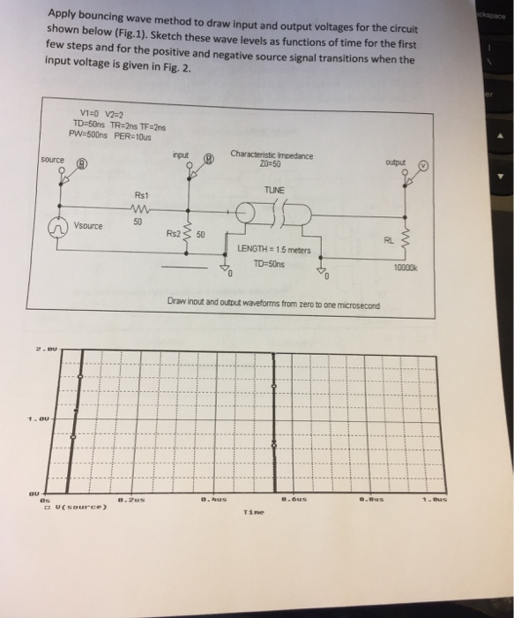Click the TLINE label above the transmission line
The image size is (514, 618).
pos(275,190)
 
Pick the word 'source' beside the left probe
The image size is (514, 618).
pos(53,159)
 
